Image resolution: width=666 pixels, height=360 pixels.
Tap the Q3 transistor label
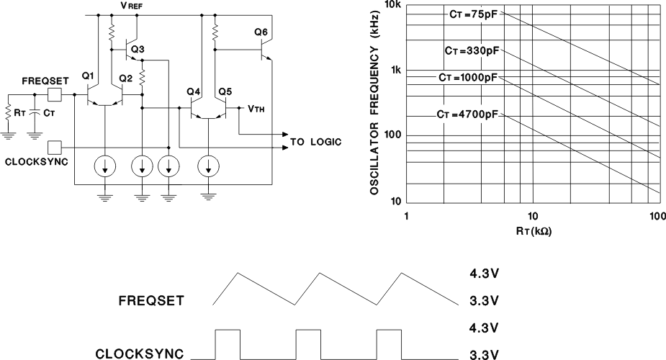pos(138,49)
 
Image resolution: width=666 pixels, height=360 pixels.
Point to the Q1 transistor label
pos(88,76)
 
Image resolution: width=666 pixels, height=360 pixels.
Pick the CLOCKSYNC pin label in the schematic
pos(36,161)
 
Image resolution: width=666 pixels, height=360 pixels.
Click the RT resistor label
pos(19,113)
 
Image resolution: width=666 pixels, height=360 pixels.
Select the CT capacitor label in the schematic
pos(48,113)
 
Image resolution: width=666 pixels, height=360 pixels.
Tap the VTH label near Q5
pos(255,109)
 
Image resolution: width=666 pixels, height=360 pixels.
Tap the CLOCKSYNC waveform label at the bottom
pos(144,354)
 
